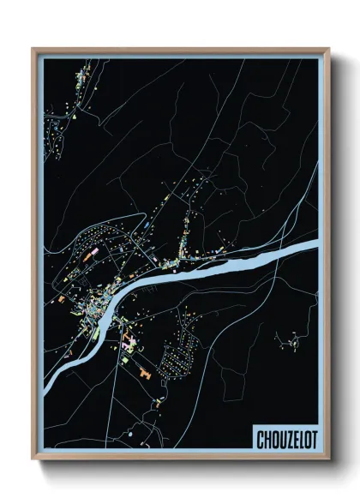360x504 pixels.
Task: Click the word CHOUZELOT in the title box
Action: coord(285,440)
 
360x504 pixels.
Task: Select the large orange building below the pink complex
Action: coord(144,374)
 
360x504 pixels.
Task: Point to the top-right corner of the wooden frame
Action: coord(329,49)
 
